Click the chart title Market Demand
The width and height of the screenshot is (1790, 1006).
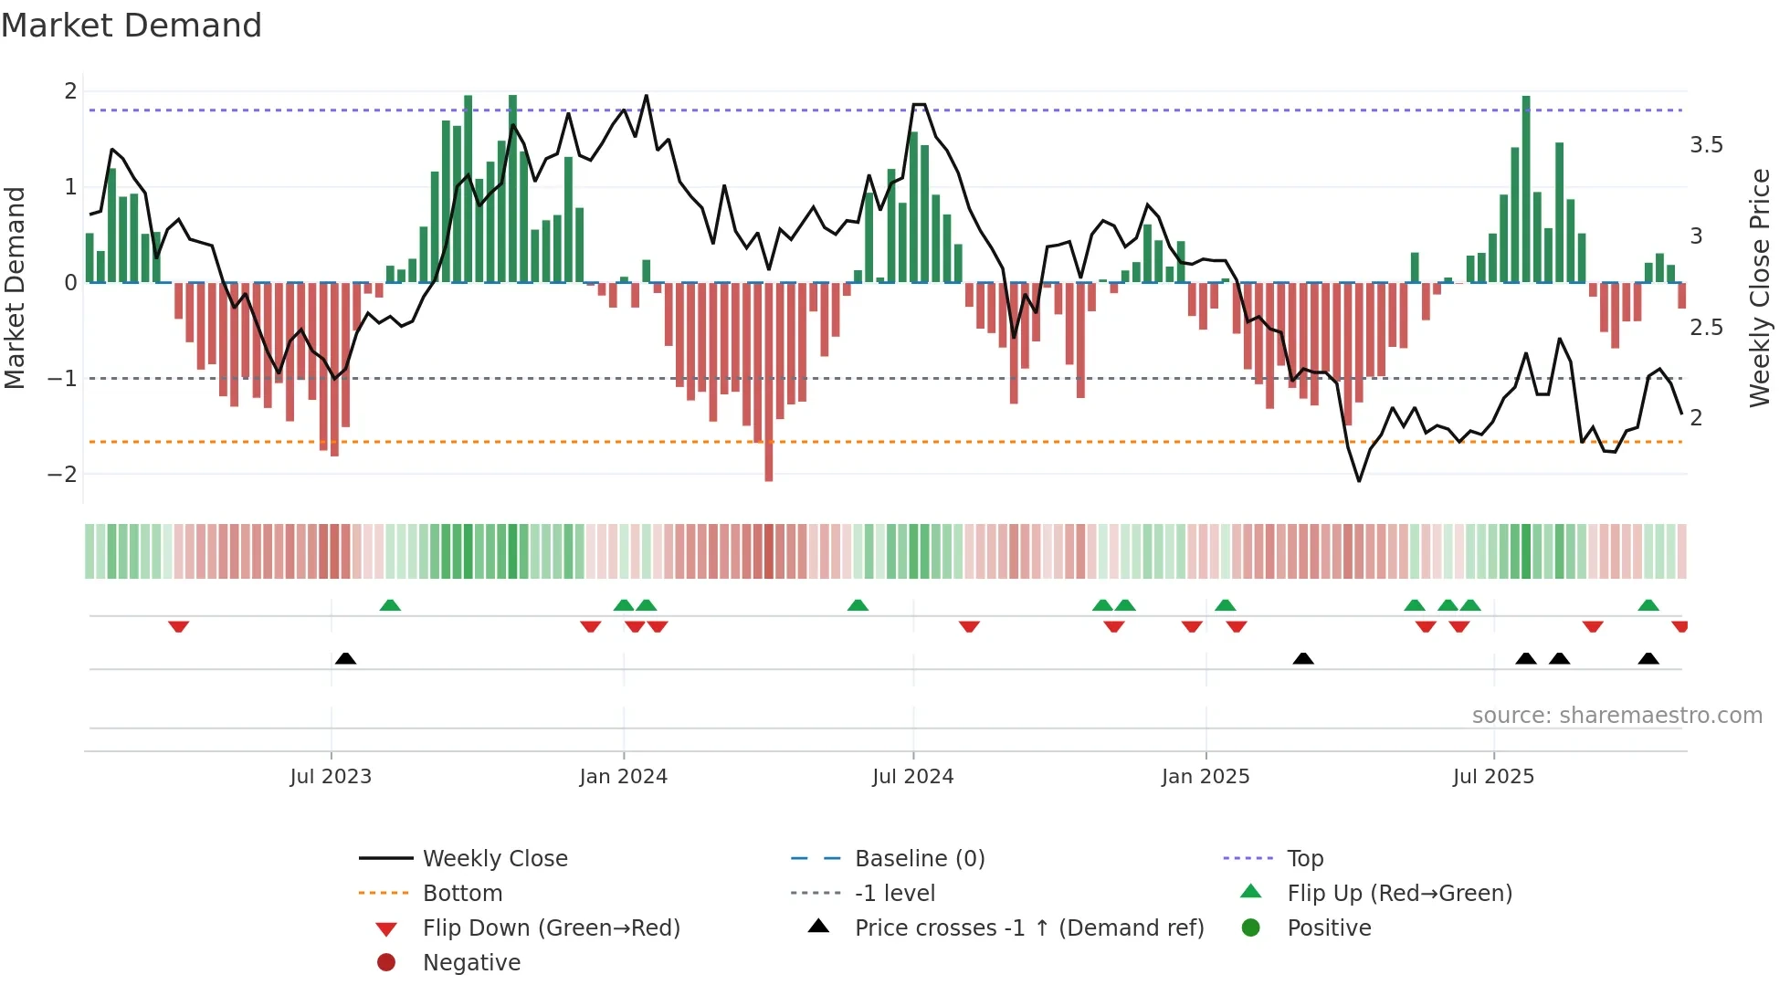click(x=132, y=26)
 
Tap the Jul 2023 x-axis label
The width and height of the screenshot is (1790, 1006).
click(x=331, y=777)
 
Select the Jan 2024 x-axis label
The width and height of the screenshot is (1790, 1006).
click(x=623, y=777)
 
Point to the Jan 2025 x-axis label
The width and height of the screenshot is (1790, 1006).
click(x=1205, y=777)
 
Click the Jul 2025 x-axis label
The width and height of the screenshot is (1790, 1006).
click(x=1493, y=777)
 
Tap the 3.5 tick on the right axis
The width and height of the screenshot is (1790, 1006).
click(x=1705, y=145)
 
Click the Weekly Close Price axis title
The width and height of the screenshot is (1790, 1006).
click(x=1759, y=288)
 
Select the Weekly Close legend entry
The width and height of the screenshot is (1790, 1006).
click(x=494, y=859)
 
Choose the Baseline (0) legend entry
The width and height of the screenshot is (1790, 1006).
click(x=919, y=859)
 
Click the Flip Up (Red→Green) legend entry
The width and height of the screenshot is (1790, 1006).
click(x=1398, y=894)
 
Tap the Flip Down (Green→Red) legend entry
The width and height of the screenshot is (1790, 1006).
click(x=551, y=928)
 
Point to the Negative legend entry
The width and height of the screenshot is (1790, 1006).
click(x=471, y=963)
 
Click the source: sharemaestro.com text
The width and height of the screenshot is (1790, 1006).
click(x=1616, y=716)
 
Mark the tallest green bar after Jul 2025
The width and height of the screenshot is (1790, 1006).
click(x=1526, y=189)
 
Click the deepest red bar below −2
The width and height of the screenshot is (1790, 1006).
click(x=769, y=383)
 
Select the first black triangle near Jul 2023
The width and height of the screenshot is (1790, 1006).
click(x=345, y=658)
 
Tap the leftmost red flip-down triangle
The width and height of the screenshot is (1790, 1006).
click(x=179, y=626)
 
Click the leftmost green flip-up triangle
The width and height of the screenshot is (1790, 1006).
click(x=390, y=605)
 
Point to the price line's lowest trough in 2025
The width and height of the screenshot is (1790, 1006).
click(x=1359, y=480)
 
